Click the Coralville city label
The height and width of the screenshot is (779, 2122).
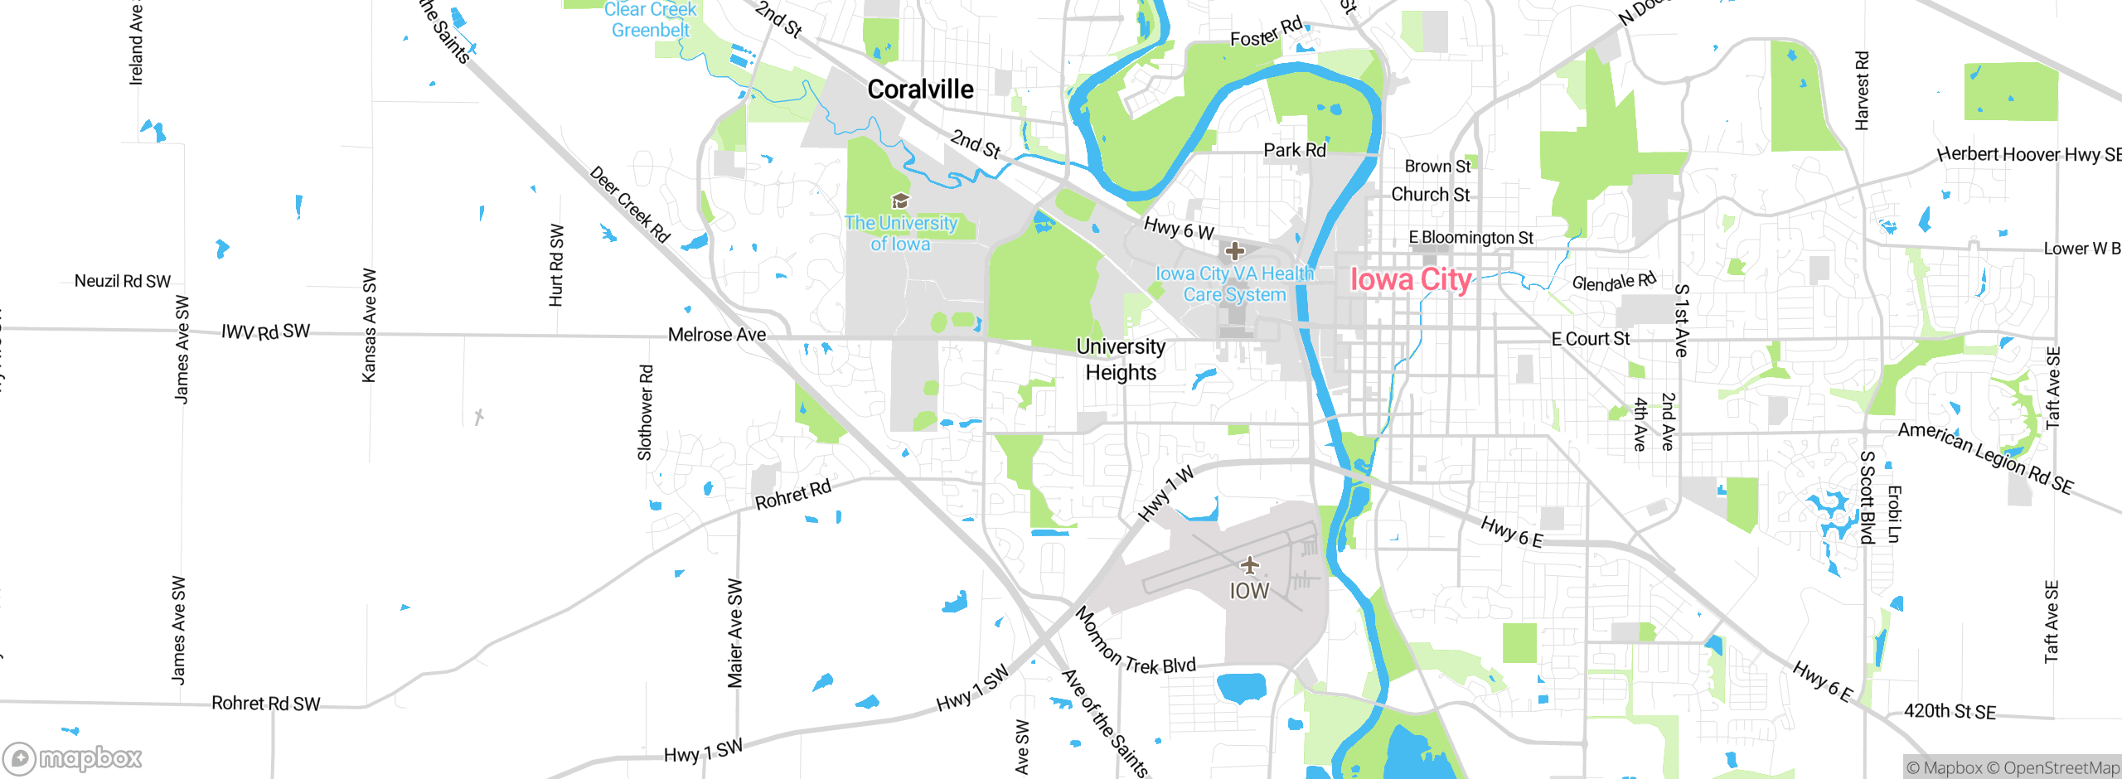click(x=920, y=90)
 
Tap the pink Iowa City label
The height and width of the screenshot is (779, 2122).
click(x=1411, y=280)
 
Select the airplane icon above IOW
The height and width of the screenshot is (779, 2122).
click(x=1249, y=566)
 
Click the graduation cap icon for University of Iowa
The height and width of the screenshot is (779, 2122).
click(x=900, y=201)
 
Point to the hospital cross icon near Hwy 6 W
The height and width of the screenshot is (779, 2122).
click(x=1235, y=250)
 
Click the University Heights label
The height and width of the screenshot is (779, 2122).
click(x=1121, y=360)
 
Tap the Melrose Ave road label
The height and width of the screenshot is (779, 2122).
click(x=717, y=335)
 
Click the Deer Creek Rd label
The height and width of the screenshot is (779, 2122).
click(x=629, y=204)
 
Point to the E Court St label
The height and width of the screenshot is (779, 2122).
click(x=1590, y=339)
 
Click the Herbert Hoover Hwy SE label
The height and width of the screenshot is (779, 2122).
click(x=2028, y=155)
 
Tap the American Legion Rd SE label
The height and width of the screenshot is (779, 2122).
click(x=1985, y=458)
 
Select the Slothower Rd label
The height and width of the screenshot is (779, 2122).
click(x=645, y=413)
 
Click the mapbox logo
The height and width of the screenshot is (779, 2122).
click(x=73, y=757)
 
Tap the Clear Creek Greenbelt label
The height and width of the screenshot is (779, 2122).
click(x=650, y=20)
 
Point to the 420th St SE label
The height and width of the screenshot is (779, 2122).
click(x=1950, y=711)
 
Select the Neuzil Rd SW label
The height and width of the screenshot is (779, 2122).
click(x=123, y=281)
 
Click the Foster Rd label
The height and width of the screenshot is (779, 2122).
click(x=1266, y=34)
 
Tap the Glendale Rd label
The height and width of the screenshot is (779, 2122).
click(x=1613, y=282)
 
